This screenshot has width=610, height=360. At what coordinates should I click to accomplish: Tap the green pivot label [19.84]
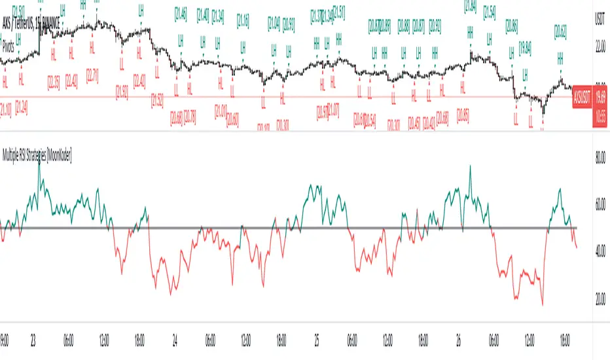click(x=525, y=47)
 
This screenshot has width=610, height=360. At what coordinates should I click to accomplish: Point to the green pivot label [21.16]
click(x=243, y=20)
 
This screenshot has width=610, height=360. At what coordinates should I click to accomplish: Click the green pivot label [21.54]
click(x=490, y=13)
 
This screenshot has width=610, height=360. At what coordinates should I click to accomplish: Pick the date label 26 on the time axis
click(x=459, y=341)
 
